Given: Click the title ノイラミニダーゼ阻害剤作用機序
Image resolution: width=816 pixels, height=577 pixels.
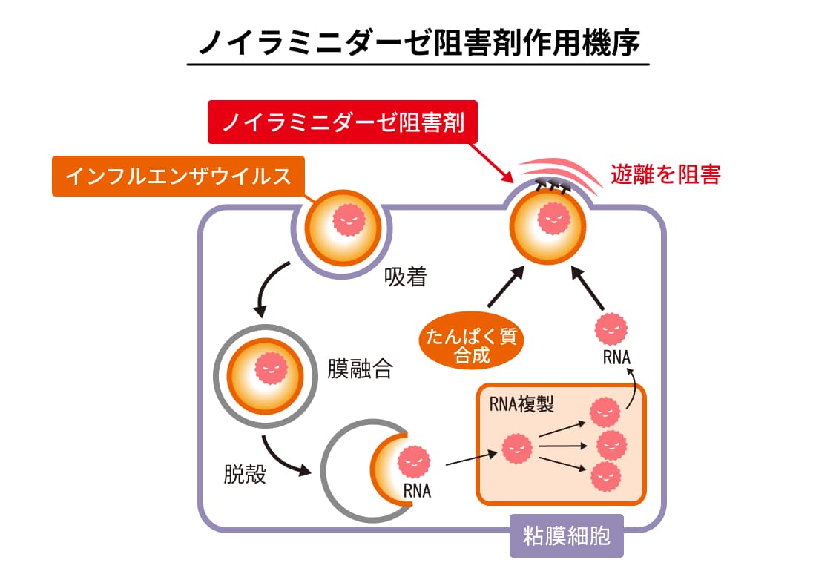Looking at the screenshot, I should click(418, 43).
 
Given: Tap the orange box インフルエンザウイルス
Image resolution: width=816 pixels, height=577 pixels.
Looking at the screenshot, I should click(178, 177).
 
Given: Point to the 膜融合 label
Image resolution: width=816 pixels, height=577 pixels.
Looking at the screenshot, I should click(360, 369).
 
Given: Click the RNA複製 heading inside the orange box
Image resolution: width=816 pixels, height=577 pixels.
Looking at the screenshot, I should click(521, 405).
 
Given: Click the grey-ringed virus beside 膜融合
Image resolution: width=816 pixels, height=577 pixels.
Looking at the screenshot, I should click(266, 369).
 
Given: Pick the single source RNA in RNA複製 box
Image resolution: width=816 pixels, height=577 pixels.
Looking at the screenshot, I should click(516, 447).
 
